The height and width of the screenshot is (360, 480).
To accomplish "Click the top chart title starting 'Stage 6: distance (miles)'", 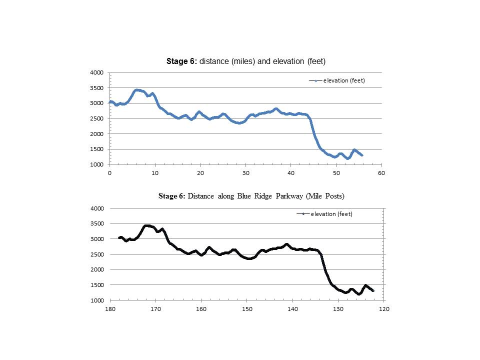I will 246,61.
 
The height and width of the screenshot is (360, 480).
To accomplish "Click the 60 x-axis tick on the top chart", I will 382,173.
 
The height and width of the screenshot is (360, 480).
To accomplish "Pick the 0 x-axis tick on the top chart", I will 109,173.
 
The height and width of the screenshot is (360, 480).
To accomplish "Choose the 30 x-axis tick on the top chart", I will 245,173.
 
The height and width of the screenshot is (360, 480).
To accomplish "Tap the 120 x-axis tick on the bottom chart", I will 383,309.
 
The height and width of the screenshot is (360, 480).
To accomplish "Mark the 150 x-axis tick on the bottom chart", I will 246,309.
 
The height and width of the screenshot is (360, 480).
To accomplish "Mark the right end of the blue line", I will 362,155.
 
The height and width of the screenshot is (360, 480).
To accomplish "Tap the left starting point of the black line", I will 119,237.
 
